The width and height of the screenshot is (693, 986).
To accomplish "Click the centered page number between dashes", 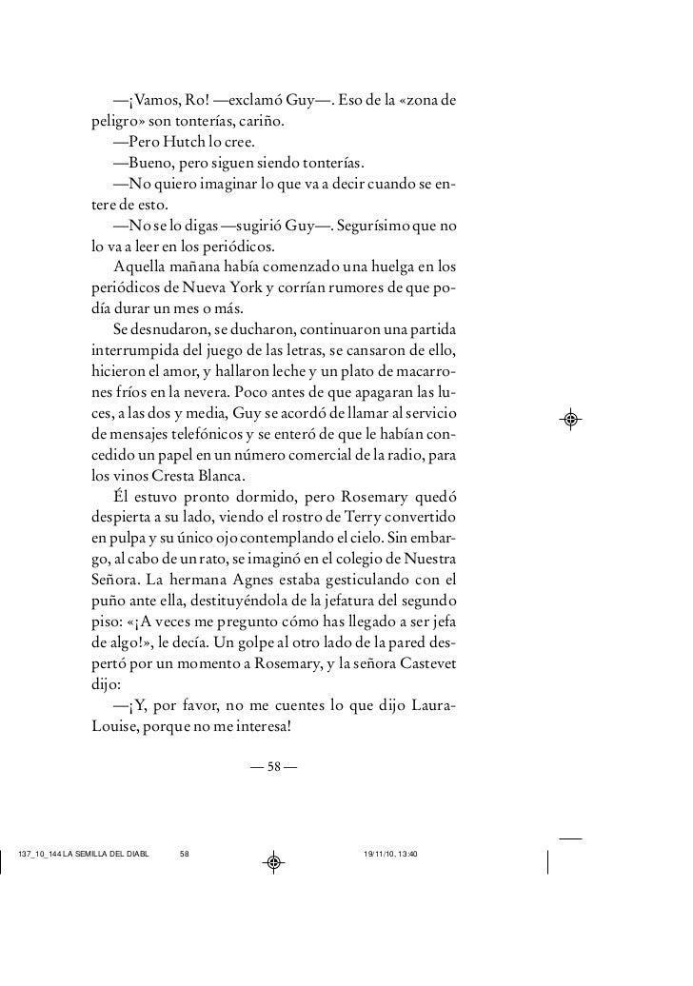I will pyautogui.click(x=273, y=767).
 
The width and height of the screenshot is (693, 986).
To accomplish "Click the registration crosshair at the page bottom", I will pyautogui.click(x=273, y=861).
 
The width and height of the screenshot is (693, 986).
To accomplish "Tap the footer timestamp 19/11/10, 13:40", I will pyautogui.click(x=397, y=853).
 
